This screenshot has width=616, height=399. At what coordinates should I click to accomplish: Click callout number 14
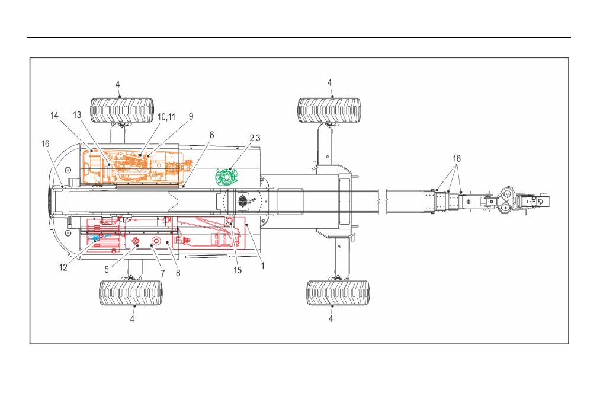pos(54,116)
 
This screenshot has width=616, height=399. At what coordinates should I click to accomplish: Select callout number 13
pos(77,115)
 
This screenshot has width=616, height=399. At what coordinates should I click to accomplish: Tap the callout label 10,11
pos(166,117)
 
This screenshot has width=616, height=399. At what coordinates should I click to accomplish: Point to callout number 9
pos(191,116)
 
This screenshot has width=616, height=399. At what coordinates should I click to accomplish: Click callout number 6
pos(212,135)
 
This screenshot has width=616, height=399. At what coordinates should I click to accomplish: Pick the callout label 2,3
pos(255,138)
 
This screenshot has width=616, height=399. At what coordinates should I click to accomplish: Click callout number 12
pos(63,268)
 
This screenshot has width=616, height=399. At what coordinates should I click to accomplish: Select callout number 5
pos(107,270)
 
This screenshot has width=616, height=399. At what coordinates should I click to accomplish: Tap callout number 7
pos(163,273)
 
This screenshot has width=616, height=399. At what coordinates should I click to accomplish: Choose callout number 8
pos(178,273)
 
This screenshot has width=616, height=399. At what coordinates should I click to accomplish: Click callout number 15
pos(238,270)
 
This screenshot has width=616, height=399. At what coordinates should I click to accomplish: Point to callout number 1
pos(262,266)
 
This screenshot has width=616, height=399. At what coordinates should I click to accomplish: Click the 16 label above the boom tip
pos(457,159)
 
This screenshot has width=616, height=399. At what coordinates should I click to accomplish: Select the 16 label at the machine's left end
pos(45,144)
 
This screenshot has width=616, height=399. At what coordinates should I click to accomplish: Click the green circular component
pos(227,177)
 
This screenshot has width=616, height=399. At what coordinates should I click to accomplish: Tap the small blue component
pos(95,237)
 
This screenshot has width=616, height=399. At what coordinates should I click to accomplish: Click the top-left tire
pos(122,110)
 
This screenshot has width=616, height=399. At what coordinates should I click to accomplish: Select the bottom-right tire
pos(338,293)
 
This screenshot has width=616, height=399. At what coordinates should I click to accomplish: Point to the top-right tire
pos(329,110)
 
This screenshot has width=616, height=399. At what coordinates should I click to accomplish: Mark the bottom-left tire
pos(131,293)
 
